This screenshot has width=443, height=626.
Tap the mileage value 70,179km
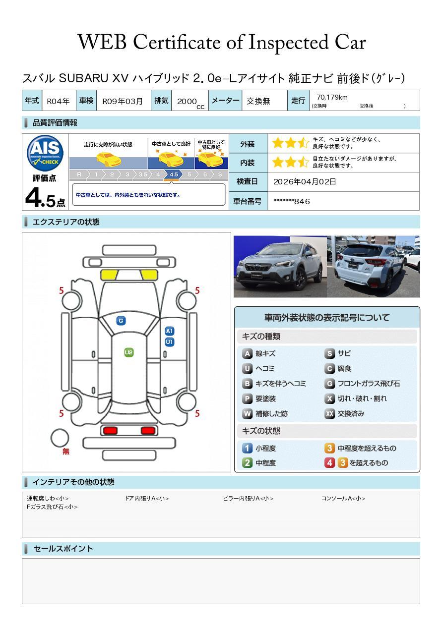(332, 97)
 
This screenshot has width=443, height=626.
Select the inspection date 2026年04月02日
(305, 181)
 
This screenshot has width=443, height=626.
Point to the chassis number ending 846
(291, 201)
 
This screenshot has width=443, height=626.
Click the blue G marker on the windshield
(121, 321)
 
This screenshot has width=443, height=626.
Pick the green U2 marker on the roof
(128, 352)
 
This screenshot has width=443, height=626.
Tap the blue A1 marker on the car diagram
(170, 331)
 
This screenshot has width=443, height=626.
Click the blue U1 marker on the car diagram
(170, 342)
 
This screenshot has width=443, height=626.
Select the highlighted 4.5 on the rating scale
(174, 174)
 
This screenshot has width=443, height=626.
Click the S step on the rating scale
(220, 174)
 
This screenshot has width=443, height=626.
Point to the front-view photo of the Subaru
(280, 266)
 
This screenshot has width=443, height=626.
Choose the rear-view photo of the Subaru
(374, 266)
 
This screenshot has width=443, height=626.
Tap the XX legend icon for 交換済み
(329, 413)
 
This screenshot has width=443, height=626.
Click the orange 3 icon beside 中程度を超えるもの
(329, 448)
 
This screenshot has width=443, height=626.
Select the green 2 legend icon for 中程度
(247, 463)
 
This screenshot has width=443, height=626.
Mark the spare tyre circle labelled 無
(60, 438)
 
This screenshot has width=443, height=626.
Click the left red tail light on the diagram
(110, 430)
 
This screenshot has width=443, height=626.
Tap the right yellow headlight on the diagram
(149, 275)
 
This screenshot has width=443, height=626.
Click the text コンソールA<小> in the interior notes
(343, 498)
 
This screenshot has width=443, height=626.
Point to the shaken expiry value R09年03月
(123, 101)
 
